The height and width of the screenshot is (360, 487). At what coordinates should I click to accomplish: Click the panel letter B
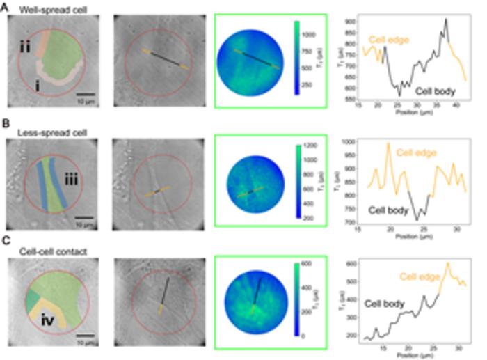pyautogui.click(x=4, y=127)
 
